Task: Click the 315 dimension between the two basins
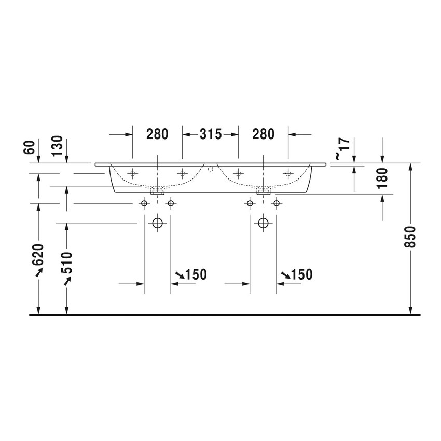point(211,134)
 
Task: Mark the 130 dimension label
point(57,146)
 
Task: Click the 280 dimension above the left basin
point(157,134)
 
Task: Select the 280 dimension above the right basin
point(263,134)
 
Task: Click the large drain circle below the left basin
point(157,224)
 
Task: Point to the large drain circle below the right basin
point(263,224)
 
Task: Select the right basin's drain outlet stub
point(263,191)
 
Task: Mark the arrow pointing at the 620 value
point(38,273)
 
